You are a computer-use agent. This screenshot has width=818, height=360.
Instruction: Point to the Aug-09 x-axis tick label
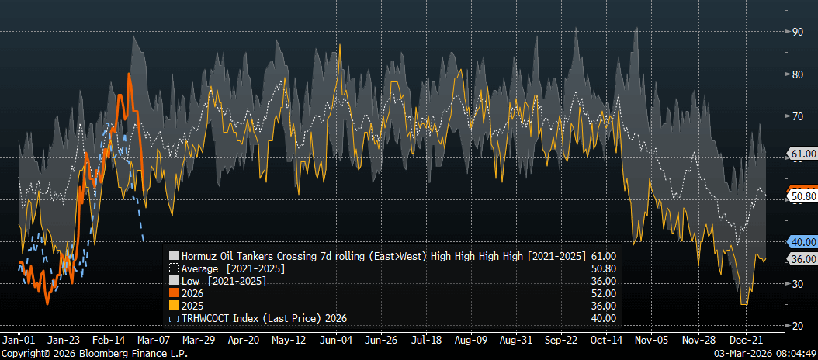(472, 340)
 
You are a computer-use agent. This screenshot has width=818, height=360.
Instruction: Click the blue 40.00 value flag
(802, 241)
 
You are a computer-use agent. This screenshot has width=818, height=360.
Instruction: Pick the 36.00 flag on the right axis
(802, 258)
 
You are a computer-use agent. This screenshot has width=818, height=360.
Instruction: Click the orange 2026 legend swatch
(174, 293)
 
